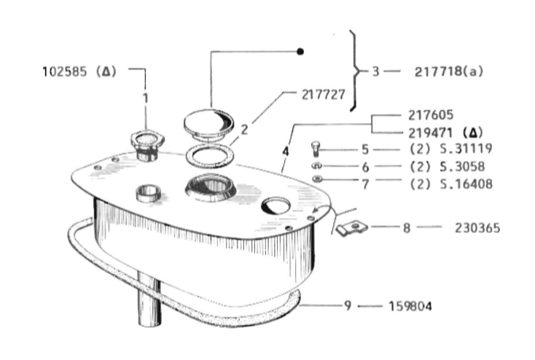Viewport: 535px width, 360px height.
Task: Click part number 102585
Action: [64, 72]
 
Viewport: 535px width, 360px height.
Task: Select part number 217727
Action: [323, 95]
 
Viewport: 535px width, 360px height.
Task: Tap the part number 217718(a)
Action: [449, 72]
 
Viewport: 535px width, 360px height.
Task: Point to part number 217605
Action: [431, 115]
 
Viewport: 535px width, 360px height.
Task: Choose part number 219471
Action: [431, 133]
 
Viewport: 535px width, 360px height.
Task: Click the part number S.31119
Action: [466, 149]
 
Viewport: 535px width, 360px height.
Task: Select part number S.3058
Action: [462, 167]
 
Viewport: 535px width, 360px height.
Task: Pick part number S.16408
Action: [466, 184]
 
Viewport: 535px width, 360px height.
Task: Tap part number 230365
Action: [477, 228]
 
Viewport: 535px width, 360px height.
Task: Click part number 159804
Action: [410, 306]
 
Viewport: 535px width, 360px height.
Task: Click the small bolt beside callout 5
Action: [316, 149]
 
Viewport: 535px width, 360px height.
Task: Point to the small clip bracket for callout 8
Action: [351, 227]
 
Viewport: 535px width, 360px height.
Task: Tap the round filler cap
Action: [208, 124]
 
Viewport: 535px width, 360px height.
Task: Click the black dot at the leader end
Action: [300, 52]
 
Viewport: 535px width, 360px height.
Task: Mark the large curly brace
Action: [355, 71]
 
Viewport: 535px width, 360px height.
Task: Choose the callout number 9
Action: [348, 305]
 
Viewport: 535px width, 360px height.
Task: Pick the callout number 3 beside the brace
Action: [375, 71]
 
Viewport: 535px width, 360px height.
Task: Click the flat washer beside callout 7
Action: [317, 179]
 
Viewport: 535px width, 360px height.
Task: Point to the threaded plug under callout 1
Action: [147, 145]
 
